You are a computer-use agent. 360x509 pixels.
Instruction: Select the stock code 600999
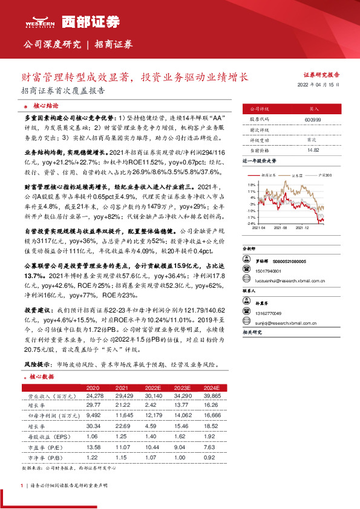[313, 120]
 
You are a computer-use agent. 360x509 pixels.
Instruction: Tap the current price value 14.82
[313, 149]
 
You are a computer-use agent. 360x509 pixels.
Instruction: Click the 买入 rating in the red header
[313, 109]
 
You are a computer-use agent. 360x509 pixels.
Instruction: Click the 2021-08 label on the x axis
[281, 229]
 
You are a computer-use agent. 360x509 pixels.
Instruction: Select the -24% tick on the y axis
[251, 223]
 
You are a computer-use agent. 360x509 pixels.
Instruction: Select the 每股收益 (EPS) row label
[46, 435]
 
